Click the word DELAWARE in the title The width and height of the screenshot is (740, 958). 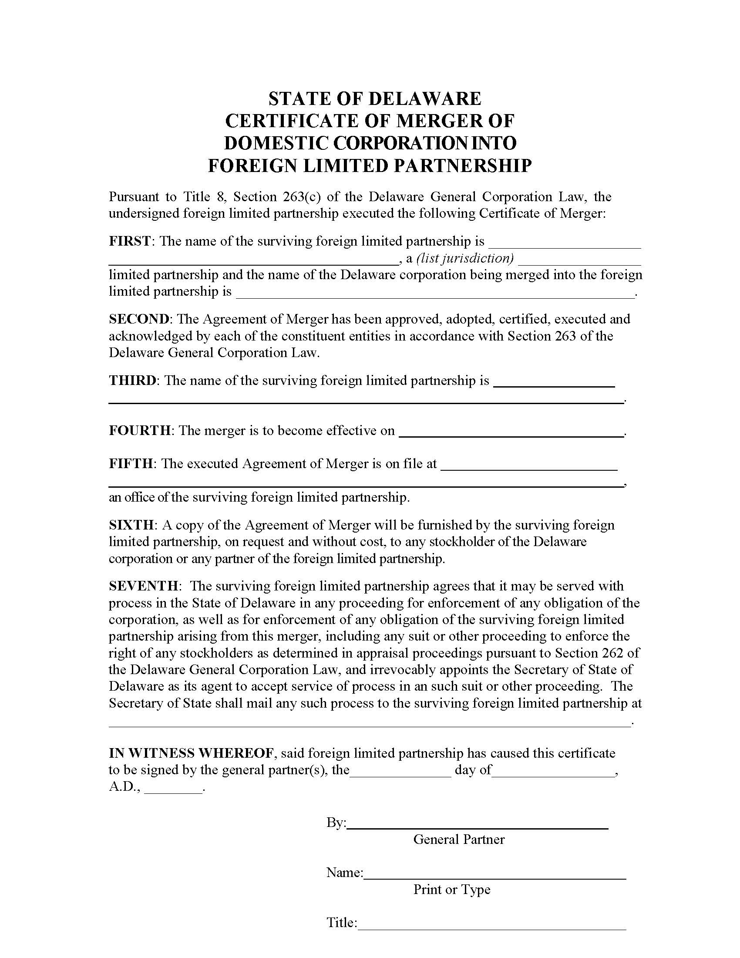point(424,99)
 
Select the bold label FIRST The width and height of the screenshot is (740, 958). point(130,241)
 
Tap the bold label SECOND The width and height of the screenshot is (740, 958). point(138,319)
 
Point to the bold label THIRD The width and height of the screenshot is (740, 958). point(132,380)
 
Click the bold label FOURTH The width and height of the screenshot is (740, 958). point(139,430)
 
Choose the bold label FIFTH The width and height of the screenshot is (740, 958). point(131,464)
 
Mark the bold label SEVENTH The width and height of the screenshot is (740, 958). point(143,586)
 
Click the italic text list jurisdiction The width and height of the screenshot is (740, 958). point(465,258)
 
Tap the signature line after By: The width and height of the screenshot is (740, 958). point(477,827)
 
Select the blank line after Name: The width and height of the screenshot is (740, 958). point(494,878)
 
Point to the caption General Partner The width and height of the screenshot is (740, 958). point(459,840)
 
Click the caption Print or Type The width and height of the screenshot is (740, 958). point(451,890)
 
